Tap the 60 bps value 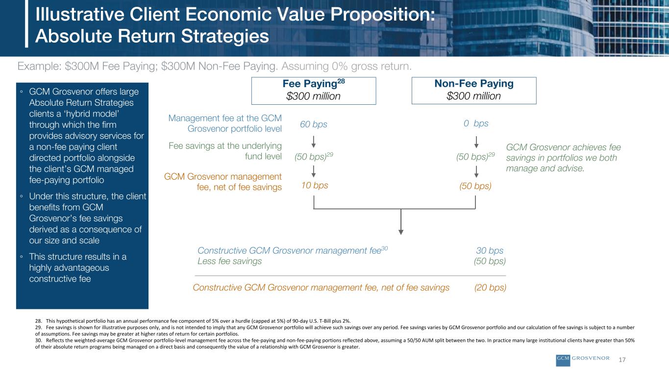click(314, 124)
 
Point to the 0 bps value click(476, 123)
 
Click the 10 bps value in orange click(315, 186)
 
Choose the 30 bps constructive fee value click(490, 250)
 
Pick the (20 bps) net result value click(490, 287)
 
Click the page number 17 click(622, 359)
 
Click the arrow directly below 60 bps click(313, 142)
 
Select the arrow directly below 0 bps click(476, 142)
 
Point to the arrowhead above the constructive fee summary click(401, 233)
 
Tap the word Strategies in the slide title click(225, 36)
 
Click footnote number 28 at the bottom click(38, 321)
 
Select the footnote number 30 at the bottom click(38, 340)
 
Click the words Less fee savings click(229, 261)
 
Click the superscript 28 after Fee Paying click(341, 81)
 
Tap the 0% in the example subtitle click(340, 66)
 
